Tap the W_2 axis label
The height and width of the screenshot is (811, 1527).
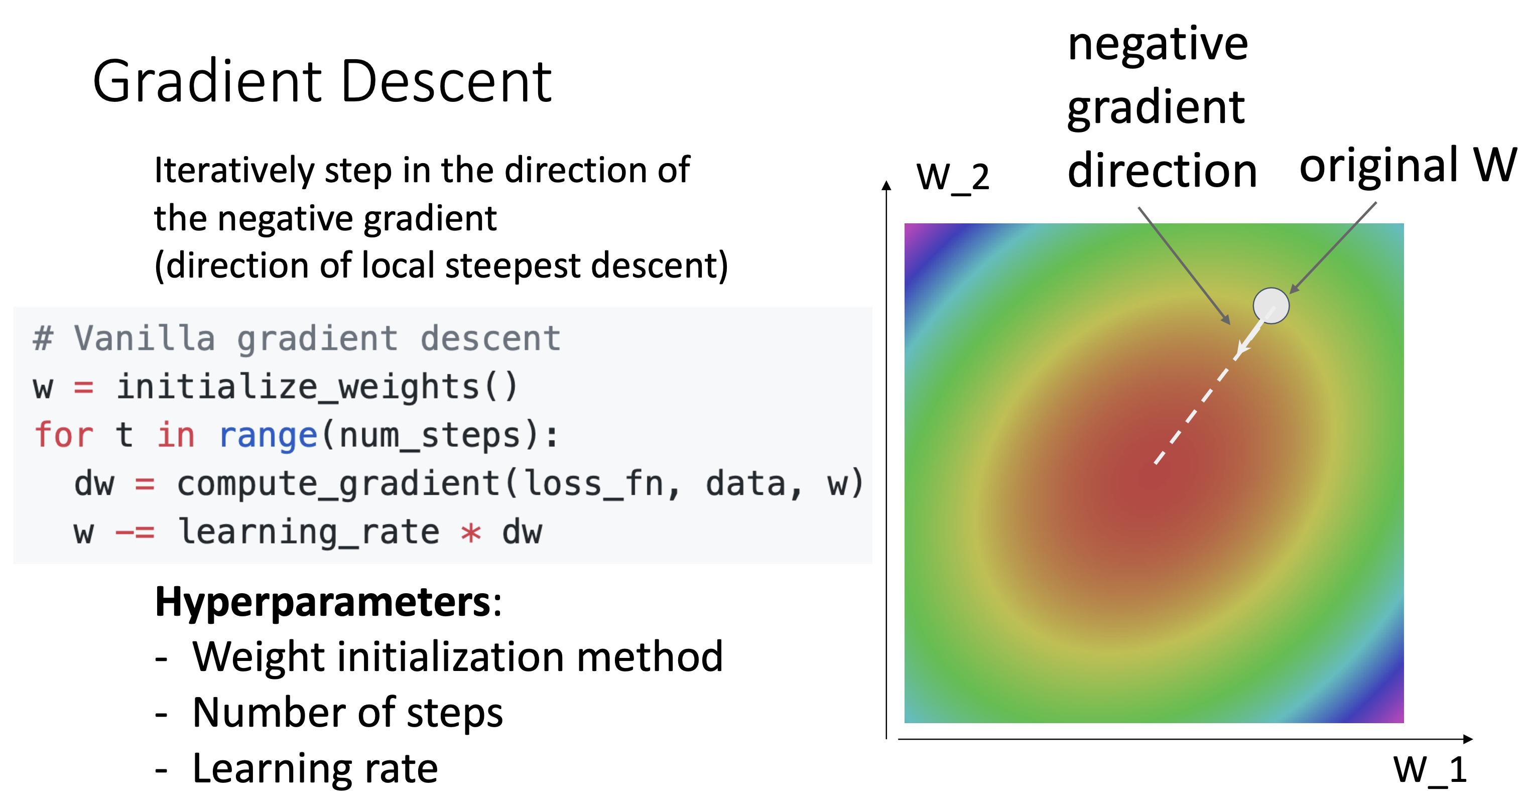point(953,177)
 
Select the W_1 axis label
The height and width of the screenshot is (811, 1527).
point(1430,770)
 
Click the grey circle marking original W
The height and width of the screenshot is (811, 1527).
point(1271,305)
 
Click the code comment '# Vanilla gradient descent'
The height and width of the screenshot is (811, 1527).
point(296,339)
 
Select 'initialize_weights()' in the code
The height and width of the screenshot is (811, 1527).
point(317,387)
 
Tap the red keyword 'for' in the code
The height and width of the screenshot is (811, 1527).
point(63,435)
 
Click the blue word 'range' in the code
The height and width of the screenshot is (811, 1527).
point(268,435)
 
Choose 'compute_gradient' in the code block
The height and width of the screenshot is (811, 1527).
point(338,483)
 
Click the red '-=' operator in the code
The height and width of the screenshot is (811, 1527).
point(135,532)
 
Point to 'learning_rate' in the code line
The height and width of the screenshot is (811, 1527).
point(308,532)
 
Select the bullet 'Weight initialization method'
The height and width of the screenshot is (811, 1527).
point(457,657)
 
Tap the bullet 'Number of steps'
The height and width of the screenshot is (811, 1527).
point(347,712)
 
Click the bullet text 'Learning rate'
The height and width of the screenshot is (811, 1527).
point(315,768)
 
